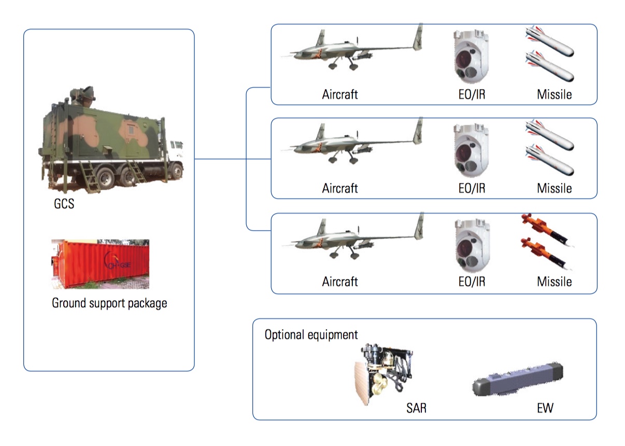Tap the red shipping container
100,264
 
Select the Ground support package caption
109,303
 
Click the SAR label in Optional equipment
416,408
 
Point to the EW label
545,408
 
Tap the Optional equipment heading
311,335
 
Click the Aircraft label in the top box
340,94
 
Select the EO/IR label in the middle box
472,188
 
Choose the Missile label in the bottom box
554,282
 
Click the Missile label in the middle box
554,188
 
